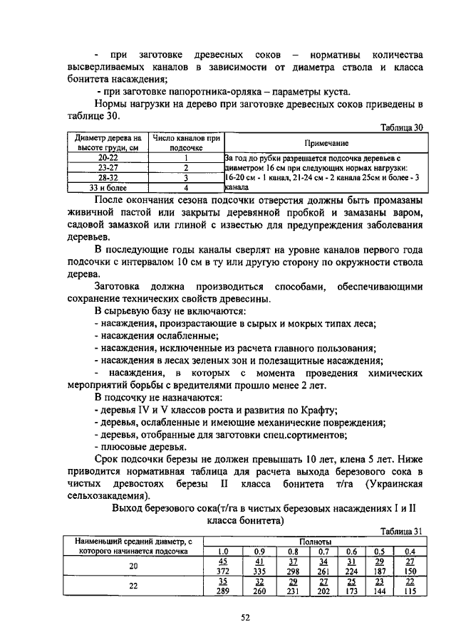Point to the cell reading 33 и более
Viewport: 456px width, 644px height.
(108, 188)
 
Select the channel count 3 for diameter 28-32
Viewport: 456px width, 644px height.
(185, 178)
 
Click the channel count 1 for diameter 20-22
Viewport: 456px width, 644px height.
(185, 157)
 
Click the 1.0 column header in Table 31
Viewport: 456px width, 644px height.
(222, 551)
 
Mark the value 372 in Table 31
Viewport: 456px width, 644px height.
(222, 571)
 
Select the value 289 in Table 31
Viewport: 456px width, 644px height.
(222, 591)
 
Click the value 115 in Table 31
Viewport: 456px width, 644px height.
(410, 591)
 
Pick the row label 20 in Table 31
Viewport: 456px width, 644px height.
(133, 566)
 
